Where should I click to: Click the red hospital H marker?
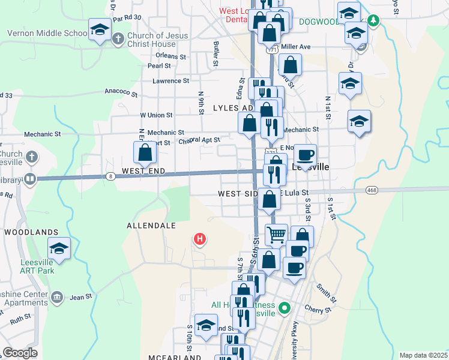[x=200, y=240]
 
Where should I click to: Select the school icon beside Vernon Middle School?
[x=100, y=29]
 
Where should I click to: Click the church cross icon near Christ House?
[x=118, y=39]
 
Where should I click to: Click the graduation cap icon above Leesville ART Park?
[x=59, y=248]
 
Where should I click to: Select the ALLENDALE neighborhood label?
[x=151, y=226]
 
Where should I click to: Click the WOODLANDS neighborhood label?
[x=31, y=232]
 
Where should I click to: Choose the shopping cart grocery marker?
[x=276, y=235]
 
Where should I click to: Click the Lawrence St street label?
[x=170, y=80]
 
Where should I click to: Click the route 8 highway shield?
[x=111, y=176]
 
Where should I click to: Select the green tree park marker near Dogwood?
[x=373, y=21]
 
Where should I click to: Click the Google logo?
[x=20, y=353]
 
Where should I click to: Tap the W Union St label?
[x=156, y=114]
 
